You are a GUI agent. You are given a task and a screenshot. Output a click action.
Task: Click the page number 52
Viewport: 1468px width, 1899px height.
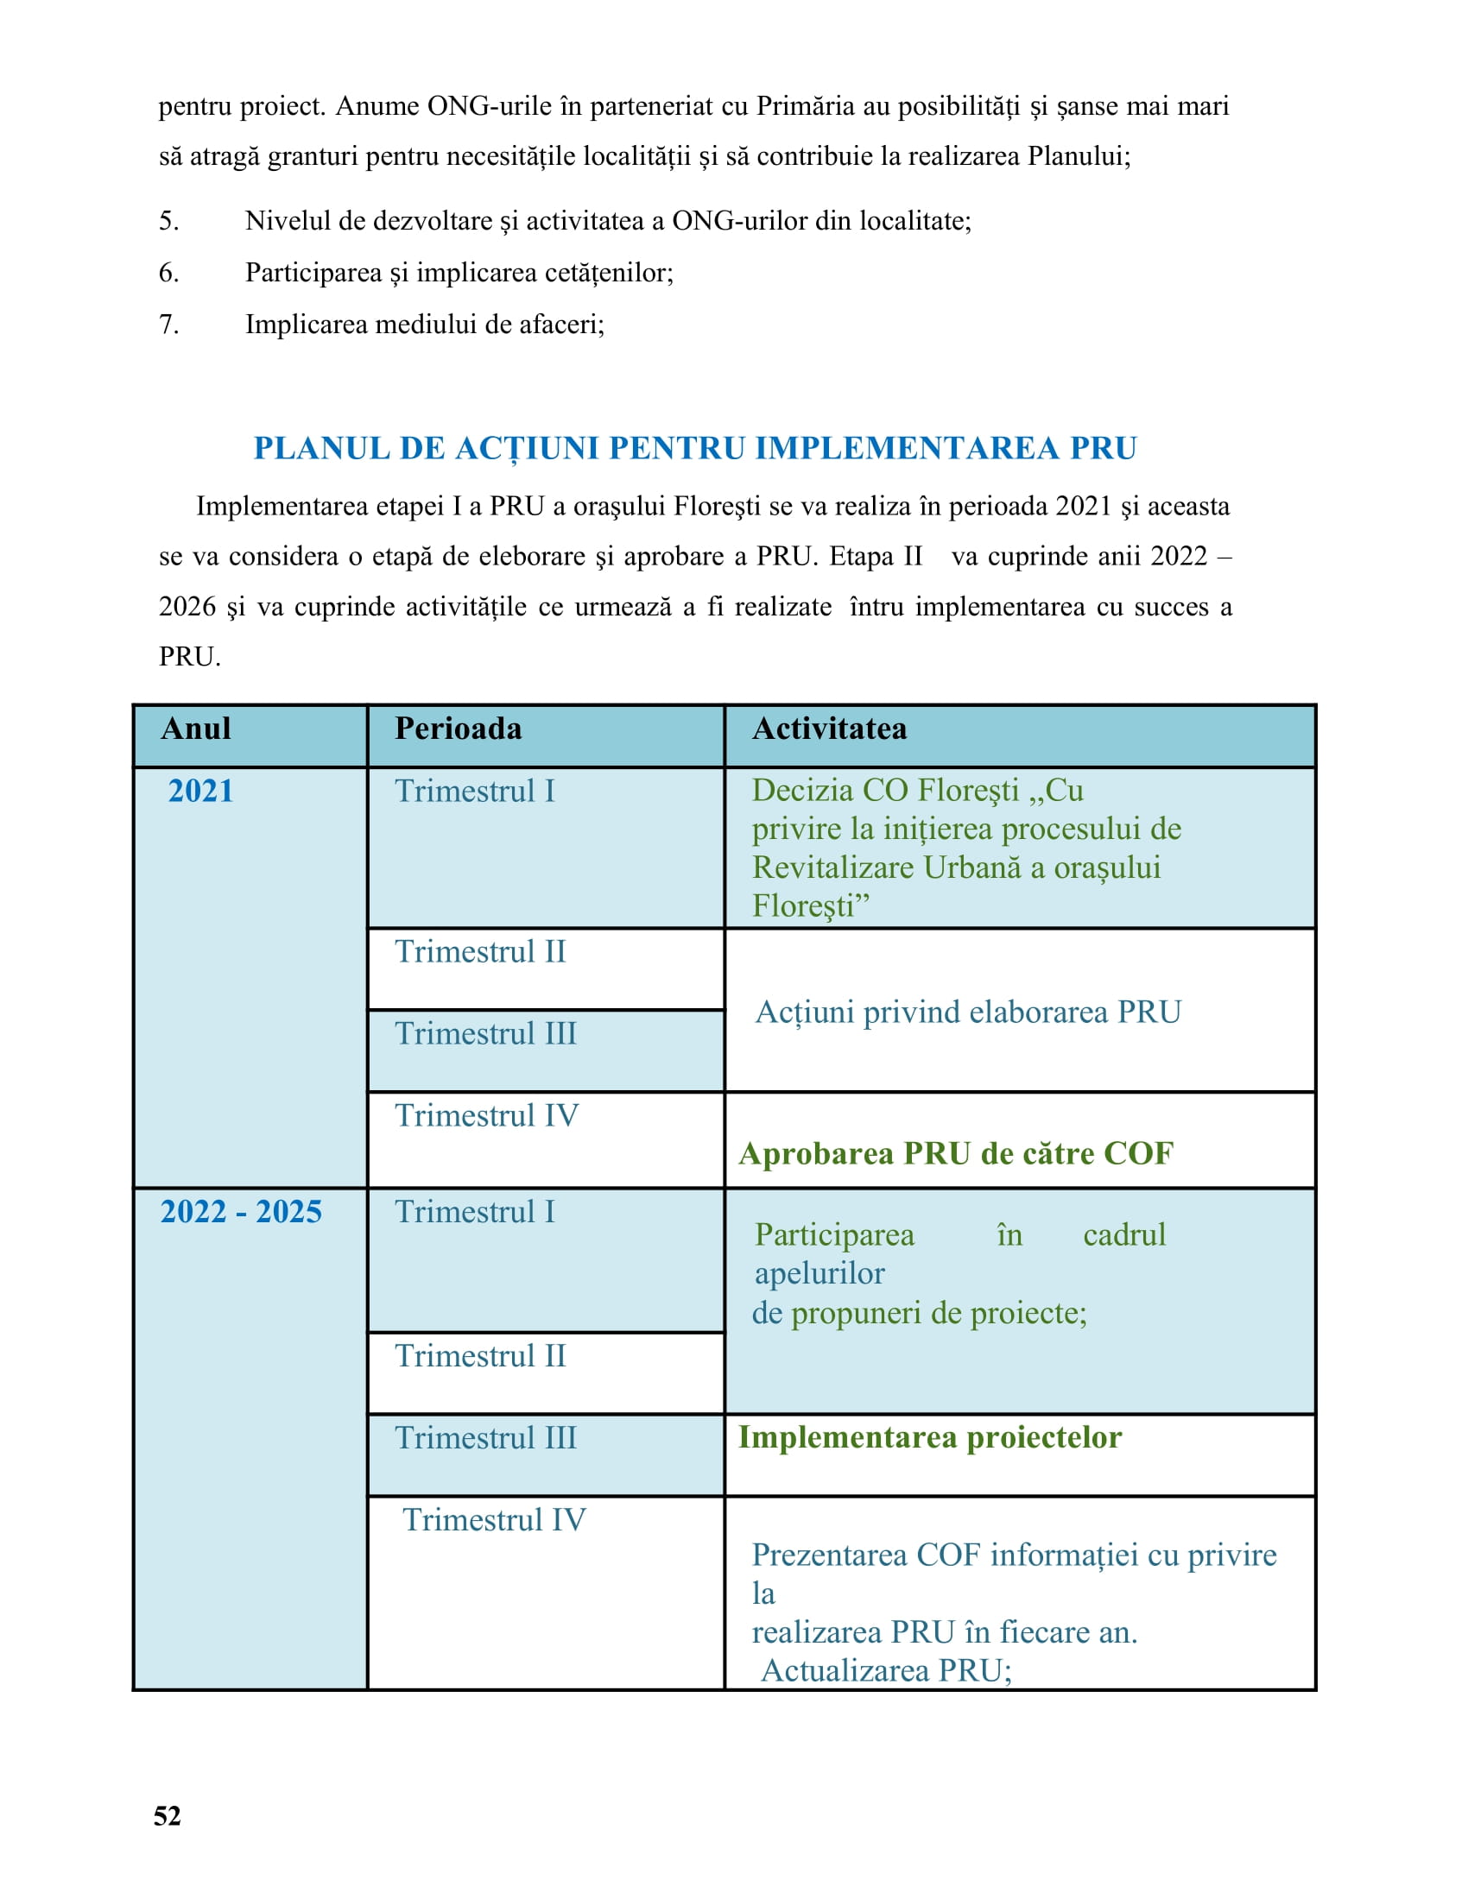pyautogui.click(x=167, y=1816)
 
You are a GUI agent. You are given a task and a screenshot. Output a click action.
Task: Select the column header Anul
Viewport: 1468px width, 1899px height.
pyautogui.click(x=196, y=729)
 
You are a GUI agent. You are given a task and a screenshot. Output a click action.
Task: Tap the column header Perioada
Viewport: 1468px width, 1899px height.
pyautogui.click(x=459, y=729)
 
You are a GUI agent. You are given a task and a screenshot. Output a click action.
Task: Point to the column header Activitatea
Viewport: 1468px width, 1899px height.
pyautogui.click(x=829, y=729)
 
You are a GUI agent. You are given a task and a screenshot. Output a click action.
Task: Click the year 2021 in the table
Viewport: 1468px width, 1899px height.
pyautogui.click(x=201, y=792)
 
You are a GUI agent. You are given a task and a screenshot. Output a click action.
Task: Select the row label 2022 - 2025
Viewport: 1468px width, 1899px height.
pyautogui.click(x=241, y=1212)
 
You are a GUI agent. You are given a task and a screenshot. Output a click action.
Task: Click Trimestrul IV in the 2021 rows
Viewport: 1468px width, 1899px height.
pyautogui.click(x=486, y=1115)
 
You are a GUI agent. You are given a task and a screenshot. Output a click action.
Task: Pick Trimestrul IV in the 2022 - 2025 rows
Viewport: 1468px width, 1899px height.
pyautogui.click(x=494, y=1520)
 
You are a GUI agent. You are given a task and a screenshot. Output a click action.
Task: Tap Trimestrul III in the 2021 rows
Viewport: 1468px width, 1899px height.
pyautogui.click(x=485, y=1034)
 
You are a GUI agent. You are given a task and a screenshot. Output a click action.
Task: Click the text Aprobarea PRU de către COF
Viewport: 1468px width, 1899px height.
pyautogui.click(x=956, y=1154)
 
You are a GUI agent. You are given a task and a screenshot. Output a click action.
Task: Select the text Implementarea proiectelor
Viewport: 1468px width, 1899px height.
pyautogui.click(x=930, y=1437)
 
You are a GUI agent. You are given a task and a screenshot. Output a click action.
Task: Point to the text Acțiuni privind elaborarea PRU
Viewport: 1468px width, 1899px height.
pyautogui.click(x=968, y=1013)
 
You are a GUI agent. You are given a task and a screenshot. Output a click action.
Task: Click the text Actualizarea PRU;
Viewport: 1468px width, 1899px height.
pyautogui.click(x=886, y=1670)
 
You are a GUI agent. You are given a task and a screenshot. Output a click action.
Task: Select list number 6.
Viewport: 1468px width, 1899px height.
pyautogui.click(x=168, y=273)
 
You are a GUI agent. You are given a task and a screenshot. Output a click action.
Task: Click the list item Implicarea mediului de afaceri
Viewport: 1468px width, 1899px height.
pyautogui.click(x=424, y=325)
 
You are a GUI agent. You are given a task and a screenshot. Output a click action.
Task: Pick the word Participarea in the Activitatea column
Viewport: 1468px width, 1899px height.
pyautogui.click(x=834, y=1234)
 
